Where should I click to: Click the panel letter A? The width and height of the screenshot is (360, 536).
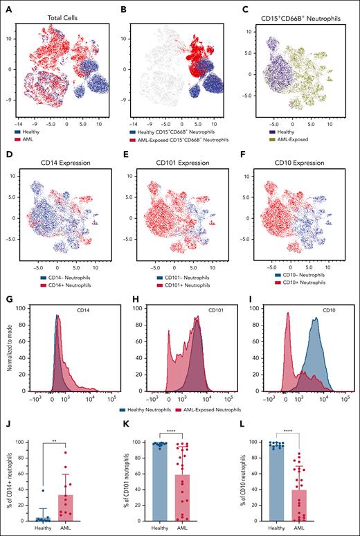(6, 6)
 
